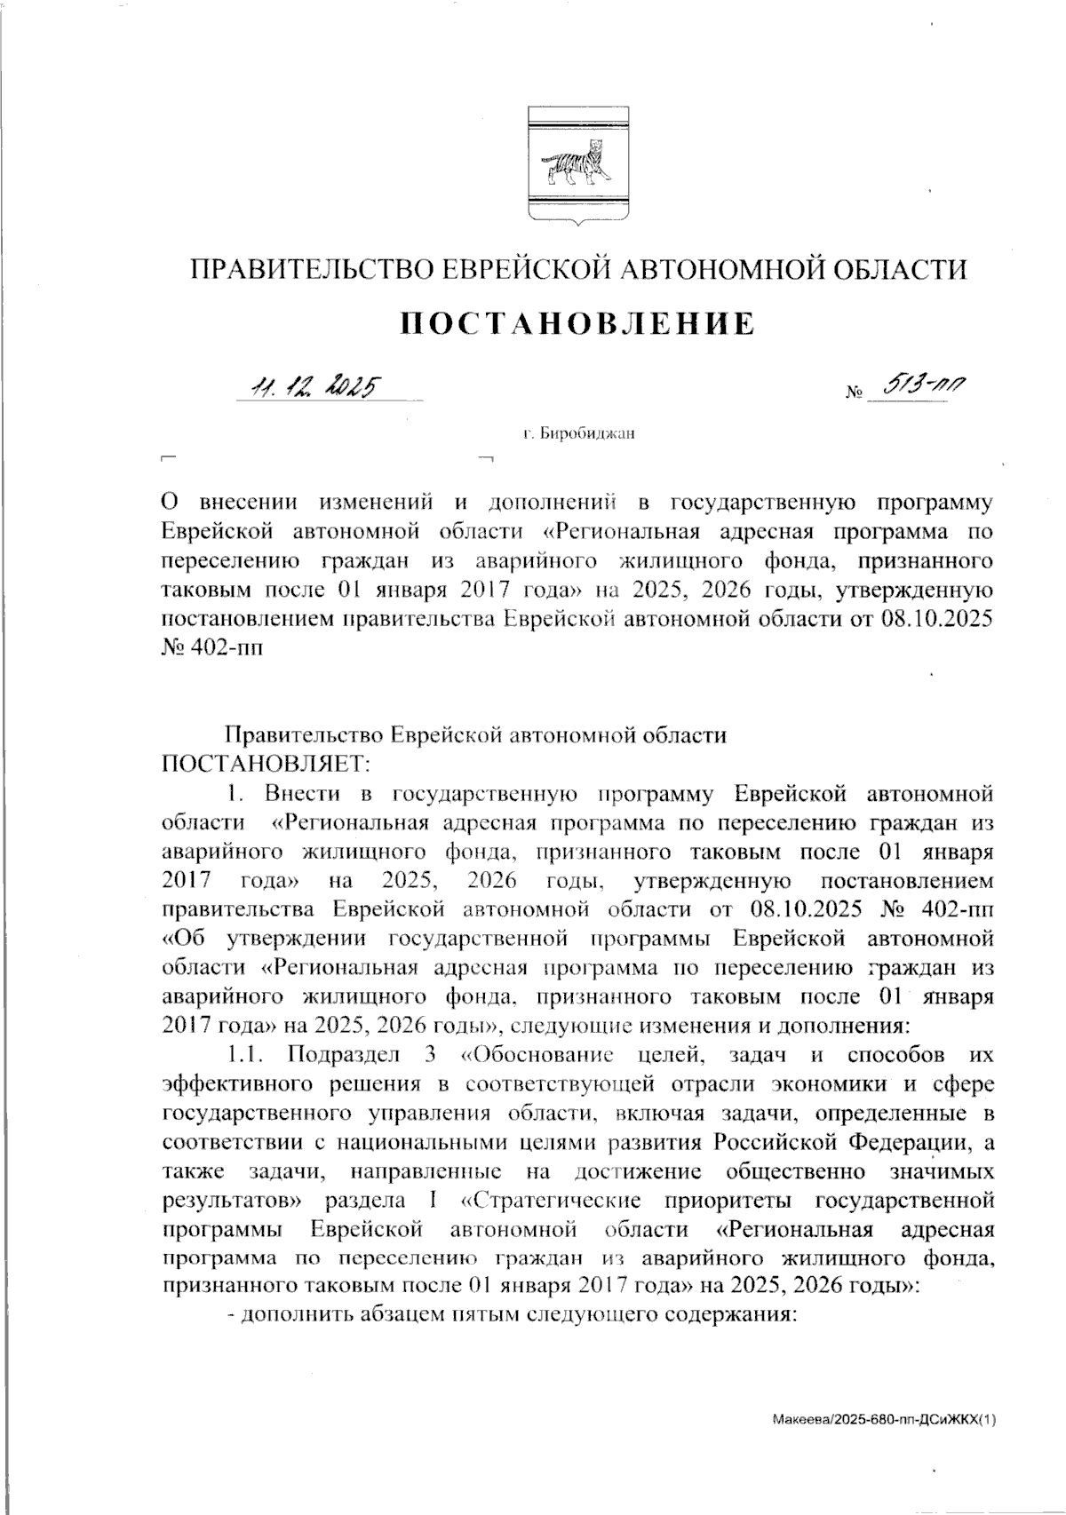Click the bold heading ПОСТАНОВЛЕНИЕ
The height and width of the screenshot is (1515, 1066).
tap(577, 324)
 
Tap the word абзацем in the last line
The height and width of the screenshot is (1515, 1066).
tap(394, 1317)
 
